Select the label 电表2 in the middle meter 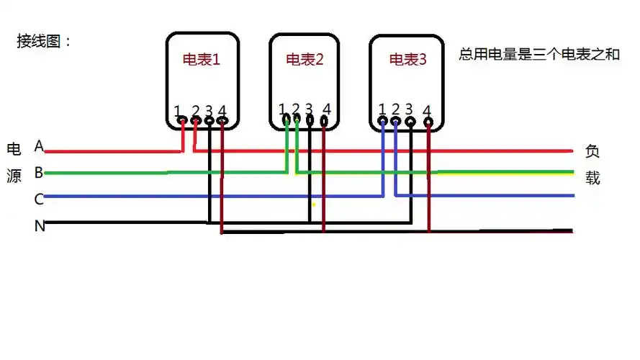(x=305, y=60)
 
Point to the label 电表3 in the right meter (x=407, y=60)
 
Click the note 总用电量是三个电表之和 (x=538, y=55)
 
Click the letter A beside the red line (x=39, y=147)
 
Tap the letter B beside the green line (x=39, y=173)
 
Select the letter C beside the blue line (x=39, y=199)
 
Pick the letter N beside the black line (x=40, y=226)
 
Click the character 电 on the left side (x=14, y=150)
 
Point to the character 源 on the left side (x=14, y=176)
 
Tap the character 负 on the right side (x=592, y=152)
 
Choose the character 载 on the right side (x=592, y=178)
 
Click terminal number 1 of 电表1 (x=178, y=111)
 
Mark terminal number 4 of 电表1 (x=222, y=111)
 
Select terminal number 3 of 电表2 (x=309, y=109)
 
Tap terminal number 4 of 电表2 (x=327, y=109)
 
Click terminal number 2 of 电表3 (x=395, y=109)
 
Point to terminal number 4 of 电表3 (x=428, y=111)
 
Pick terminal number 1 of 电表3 (x=382, y=109)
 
